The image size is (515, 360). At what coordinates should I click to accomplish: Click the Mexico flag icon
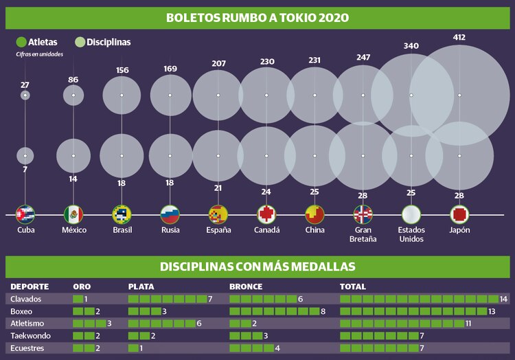pyautogui.click(x=73, y=214)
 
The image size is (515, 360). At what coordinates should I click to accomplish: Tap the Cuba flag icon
pyautogui.click(x=25, y=214)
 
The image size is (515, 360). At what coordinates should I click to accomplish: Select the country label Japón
pyautogui.click(x=459, y=230)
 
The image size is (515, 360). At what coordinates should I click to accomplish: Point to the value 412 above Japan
pyautogui.click(x=459, y=36)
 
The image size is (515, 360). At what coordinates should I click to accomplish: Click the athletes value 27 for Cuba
pyautogui.click(x=25, y=85)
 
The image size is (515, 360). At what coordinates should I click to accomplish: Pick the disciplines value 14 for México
pyautogui.click(x=73, y=179)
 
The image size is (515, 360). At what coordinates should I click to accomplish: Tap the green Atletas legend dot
pyautogui.click(x=21, y=42)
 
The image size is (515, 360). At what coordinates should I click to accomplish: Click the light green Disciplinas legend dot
pyautogui.click(x=80, y=42)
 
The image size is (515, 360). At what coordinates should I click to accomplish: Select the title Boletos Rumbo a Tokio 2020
pyautogui.click(x=257, y=16)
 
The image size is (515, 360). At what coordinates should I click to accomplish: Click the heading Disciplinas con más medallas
pyautogui.click(x=257, y=267)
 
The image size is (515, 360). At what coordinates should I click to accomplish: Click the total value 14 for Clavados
pyautogui.click(x=503, y=300)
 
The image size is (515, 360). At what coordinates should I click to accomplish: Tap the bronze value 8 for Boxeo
pyautogui.click(x=323, y=311)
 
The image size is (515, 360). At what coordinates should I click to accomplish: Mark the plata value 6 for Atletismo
pyautogui.click(x=198, y=324)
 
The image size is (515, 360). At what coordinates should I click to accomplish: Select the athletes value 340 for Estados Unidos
pyautogui.click(x=411, y=46)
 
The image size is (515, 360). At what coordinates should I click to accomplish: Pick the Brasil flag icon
pyautogui.click(x=122, y=214)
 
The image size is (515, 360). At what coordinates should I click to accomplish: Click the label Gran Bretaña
pyautogui.click(x=364, y=235)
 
